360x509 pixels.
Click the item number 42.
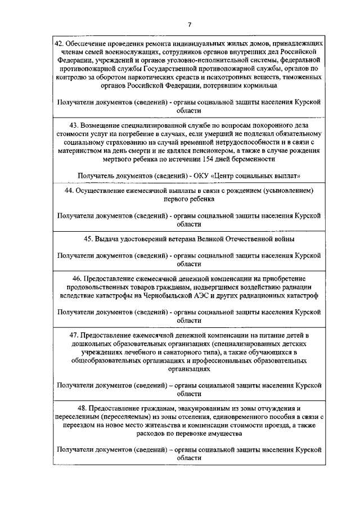[58, 43]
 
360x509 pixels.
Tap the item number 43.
[73, 124]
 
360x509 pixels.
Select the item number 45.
[88, 239]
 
